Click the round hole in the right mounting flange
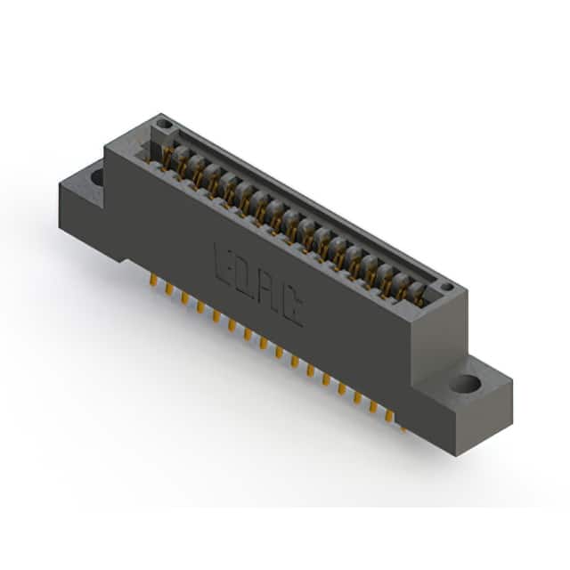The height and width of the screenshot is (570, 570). (466, 384)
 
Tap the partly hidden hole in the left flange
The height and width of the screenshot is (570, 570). (97, 176)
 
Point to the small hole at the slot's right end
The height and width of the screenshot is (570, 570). (447, 288)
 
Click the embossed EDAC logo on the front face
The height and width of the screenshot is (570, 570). (258, 284)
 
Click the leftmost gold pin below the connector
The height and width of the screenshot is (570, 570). (153, 281)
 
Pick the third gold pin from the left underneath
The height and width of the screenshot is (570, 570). (184, 297)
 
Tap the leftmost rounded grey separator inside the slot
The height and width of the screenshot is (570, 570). (181, 154)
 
